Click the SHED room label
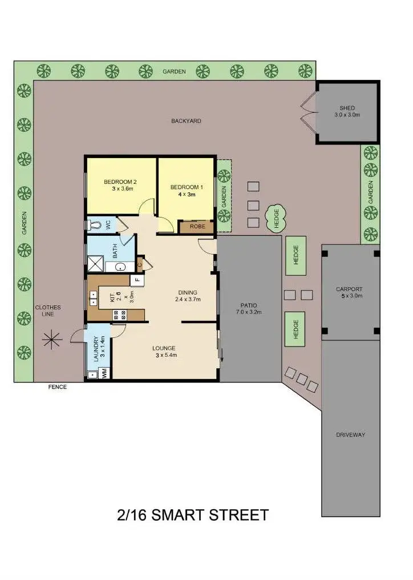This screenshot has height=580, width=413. pyautogui.click(x=347, y=108)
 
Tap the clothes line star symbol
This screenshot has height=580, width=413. pyautogui.click(x=52, y=339)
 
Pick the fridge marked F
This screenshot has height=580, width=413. pyautogui.click(x=137, y=280)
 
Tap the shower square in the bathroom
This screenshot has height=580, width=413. pyautogui.click(x=93, y=263)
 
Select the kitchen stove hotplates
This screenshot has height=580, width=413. pyautogui.click(x=120, y=313)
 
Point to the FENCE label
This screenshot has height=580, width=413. pyautogui.click(x=57, y=387)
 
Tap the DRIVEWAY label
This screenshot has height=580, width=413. pyautogui.click(x=351, y=435)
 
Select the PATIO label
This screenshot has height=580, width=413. pyautogui.click(x=248, y=305)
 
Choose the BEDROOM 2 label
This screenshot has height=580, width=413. pyautogui.click(x=120, y=182)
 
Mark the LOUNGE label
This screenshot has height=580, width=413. pyautogui.click(x=164, y=348)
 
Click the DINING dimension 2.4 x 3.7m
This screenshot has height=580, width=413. pyautogui.click(x=188, y=299)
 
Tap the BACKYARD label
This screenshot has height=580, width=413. pyautogui.click(x=186, y=121)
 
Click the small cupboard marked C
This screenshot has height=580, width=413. pyautogui.click(x=140, y=264)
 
